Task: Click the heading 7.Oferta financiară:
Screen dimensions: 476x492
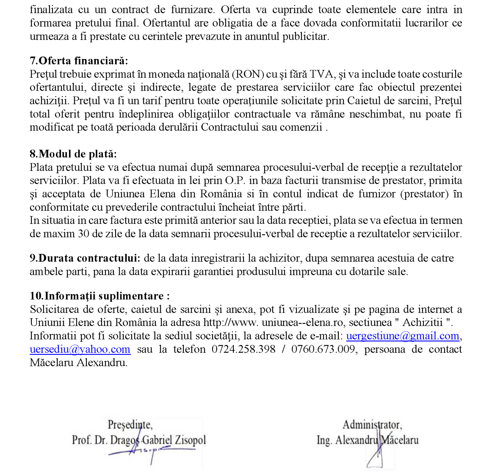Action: (x=79, y=61)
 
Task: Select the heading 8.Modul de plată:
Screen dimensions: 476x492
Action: (x=73, y=154)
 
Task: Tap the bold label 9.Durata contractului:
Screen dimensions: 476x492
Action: (x=85, y=258)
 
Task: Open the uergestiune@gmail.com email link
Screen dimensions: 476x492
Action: (x=403, y=336)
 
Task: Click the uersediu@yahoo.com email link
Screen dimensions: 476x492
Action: (x=80, y=349)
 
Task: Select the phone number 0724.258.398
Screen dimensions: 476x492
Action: (x=243, y=349)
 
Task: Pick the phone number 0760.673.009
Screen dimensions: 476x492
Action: (x=323, y=349)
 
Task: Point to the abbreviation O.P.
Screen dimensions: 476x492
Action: (x=235, y=181)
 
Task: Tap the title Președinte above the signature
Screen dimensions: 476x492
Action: (x=130, y=425)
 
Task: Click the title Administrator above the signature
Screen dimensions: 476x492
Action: (x=372, y=425)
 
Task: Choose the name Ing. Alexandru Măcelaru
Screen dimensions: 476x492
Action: (x=368, y=440)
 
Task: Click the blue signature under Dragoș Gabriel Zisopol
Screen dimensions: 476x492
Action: (x=149, y=451)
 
